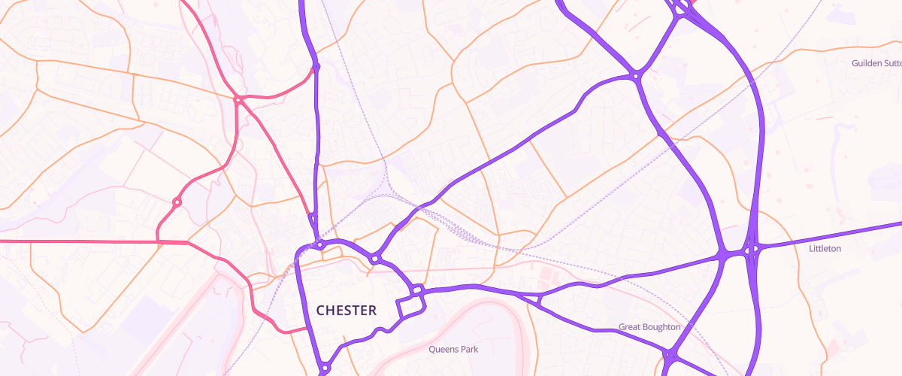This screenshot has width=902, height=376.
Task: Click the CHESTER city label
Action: coord(347,310)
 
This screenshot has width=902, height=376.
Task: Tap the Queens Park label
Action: coord(453,349)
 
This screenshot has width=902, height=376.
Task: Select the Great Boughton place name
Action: coord(649,327)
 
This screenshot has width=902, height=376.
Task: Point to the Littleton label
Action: coord(825,248)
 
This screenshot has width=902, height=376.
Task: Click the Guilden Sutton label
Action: coord(876,64)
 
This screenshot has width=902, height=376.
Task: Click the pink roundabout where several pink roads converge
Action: coord(237,99)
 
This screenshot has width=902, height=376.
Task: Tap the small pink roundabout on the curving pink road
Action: coord(177,202)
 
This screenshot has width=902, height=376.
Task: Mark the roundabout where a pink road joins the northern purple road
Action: coord(316,67)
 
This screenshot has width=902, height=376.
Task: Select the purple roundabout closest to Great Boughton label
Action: coord(668,353)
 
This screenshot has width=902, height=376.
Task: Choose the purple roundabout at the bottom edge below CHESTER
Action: coord(324,368)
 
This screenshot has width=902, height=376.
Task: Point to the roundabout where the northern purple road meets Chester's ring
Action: coord(319,244)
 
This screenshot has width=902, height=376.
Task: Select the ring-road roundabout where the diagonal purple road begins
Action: coord(374,259)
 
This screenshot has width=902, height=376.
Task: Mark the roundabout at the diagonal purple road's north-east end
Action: coord(636,75)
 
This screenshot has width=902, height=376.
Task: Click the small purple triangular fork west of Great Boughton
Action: coord(538,299)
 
